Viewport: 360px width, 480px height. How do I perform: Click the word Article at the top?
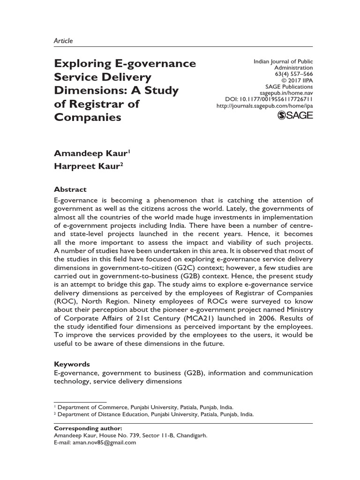coord(63,41)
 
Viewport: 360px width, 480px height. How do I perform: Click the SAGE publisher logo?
coord(295,116)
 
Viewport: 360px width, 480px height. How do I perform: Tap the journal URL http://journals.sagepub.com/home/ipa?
coord(264,106)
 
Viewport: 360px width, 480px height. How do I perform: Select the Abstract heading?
coord(70,189)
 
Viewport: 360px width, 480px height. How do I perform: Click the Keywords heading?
coord(72,364)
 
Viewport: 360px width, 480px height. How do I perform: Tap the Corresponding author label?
coord(88,428)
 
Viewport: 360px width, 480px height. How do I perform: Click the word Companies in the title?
coord(88,117)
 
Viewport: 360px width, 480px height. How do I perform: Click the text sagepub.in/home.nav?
coord(286,93)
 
